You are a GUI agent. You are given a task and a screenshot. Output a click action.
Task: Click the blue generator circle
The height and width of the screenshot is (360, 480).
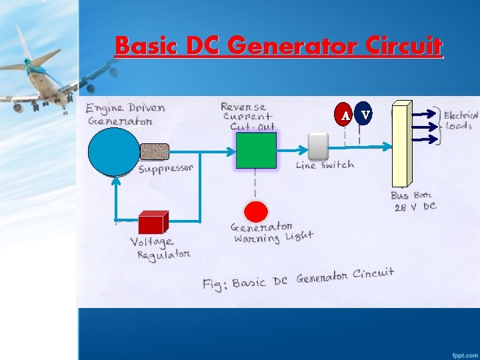[x=114, y=151]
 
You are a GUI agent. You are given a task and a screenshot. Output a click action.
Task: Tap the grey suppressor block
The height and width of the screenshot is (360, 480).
[x=155, y=152]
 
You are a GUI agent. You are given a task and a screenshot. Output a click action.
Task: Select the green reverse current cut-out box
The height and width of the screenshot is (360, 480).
[x=256, y=150]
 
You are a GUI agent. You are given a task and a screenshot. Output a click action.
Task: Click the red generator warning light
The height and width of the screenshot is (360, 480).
[x=255, y=211]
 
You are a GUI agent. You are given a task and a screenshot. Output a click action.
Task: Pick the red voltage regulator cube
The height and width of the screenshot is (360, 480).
[x=152, y=222]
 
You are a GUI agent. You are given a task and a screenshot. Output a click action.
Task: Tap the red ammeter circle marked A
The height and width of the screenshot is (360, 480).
[x=345, y=115]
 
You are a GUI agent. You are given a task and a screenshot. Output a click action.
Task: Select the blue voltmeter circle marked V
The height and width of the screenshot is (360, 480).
[x=365, y=115]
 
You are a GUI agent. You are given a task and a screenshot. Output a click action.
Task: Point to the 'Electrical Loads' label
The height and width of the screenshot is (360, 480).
[x=461, y=121]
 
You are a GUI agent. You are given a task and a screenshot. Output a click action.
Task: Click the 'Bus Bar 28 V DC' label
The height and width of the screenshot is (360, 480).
[x=414, y=201]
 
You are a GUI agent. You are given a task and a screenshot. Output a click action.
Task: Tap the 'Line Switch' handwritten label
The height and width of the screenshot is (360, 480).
[x=325, y=165]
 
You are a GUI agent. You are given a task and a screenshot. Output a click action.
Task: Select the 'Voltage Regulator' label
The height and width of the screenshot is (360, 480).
[x=160, y=248]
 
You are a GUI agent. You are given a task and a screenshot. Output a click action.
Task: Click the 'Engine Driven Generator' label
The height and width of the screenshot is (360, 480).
[x=125, y=114]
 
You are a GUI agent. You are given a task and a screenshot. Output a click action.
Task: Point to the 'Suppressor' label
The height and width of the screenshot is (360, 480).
[x=165, y=169]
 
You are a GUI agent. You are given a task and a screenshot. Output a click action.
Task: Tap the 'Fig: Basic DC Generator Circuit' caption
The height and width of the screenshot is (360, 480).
[x=298, y=279]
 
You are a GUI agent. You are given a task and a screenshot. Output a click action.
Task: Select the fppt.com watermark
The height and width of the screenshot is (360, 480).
[x=463, y=352]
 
